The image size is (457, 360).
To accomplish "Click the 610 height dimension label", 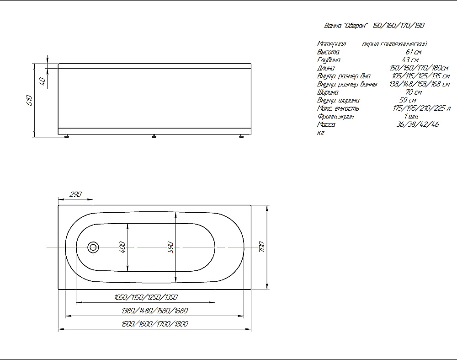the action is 29,100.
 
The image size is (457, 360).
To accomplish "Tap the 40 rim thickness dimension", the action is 42,81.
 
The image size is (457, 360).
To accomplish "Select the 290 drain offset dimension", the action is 76,194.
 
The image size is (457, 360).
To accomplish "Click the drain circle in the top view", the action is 93,247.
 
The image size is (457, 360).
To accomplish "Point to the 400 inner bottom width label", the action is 122,247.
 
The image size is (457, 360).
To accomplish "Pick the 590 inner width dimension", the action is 171,247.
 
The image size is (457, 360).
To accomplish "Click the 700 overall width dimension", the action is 261,247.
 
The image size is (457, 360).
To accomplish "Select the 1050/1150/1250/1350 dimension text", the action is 146,297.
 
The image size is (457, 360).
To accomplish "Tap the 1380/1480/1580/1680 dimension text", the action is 155,311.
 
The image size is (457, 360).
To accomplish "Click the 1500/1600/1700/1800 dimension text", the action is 155,324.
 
